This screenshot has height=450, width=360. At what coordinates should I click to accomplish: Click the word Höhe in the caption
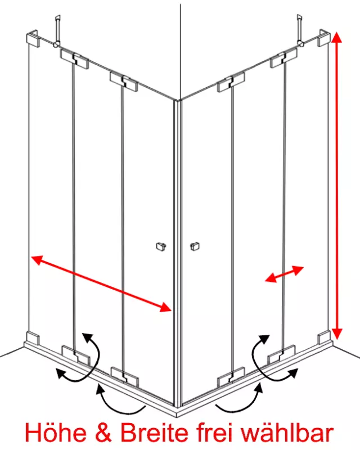[56, 433]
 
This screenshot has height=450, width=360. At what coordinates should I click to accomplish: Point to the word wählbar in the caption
[287, 433]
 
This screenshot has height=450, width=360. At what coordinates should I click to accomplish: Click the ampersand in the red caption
[103, 433]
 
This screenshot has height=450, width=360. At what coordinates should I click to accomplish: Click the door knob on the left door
[161, 246]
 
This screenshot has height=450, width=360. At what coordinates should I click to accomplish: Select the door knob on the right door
[195, 246]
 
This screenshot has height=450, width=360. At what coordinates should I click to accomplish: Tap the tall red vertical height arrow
[337, 186]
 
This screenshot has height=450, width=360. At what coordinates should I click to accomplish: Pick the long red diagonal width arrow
[101, 283]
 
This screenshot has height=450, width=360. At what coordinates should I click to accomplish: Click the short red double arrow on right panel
[284, 274]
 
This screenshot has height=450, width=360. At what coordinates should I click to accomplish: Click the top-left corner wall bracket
[33, 37]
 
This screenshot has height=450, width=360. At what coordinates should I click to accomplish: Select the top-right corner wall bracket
[324, 37]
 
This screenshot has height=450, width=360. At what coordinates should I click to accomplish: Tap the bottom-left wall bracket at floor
[33, 338]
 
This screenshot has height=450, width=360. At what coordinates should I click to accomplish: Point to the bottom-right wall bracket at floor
[324, 337]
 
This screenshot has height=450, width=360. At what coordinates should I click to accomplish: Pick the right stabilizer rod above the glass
[300, 30]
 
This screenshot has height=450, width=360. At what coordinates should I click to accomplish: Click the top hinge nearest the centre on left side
[123, 82]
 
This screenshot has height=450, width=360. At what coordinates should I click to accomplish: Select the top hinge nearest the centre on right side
[231, 82]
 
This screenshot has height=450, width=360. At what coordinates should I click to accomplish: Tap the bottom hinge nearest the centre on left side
[125, 376]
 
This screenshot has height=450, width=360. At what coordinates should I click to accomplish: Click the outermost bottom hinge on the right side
[282, 355]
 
